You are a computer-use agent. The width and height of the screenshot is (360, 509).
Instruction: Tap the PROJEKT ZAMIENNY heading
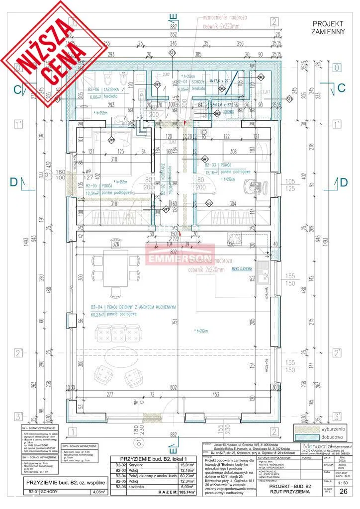click(x=328, y=27)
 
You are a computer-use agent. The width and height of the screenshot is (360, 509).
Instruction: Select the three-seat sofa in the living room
click(x=118, y=333)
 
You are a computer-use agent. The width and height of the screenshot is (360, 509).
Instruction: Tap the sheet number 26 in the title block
click(x=342, y=491)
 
